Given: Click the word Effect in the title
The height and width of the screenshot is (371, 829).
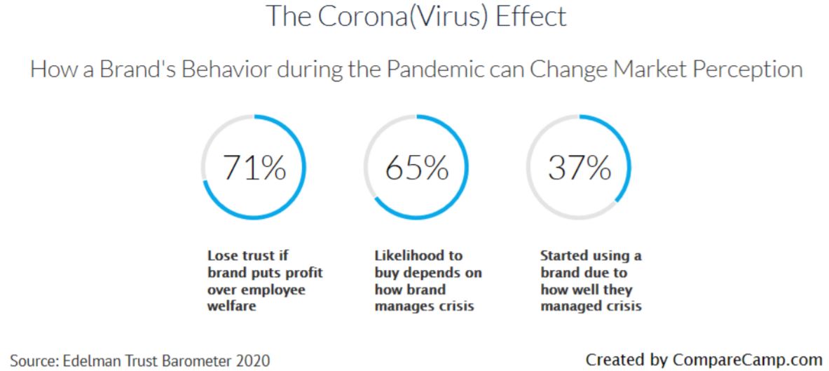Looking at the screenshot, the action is pyautogui.click(x=531, y=16).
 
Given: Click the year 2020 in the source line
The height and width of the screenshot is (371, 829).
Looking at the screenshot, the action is pyautogui.click(x=253, y=361).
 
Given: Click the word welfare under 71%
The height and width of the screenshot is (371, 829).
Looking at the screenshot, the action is pyautogui.click(x=231, y=306).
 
